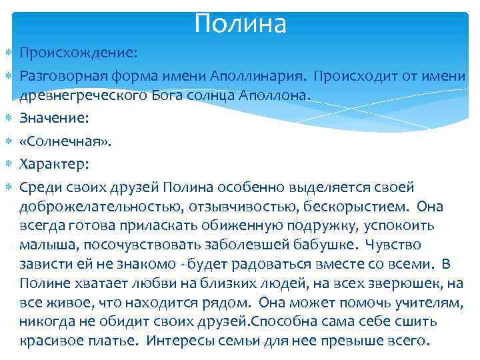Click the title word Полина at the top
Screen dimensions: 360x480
tap(241, 24)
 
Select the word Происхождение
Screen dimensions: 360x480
tap(79, 52)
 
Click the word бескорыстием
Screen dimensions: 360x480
tap(365, 208)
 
